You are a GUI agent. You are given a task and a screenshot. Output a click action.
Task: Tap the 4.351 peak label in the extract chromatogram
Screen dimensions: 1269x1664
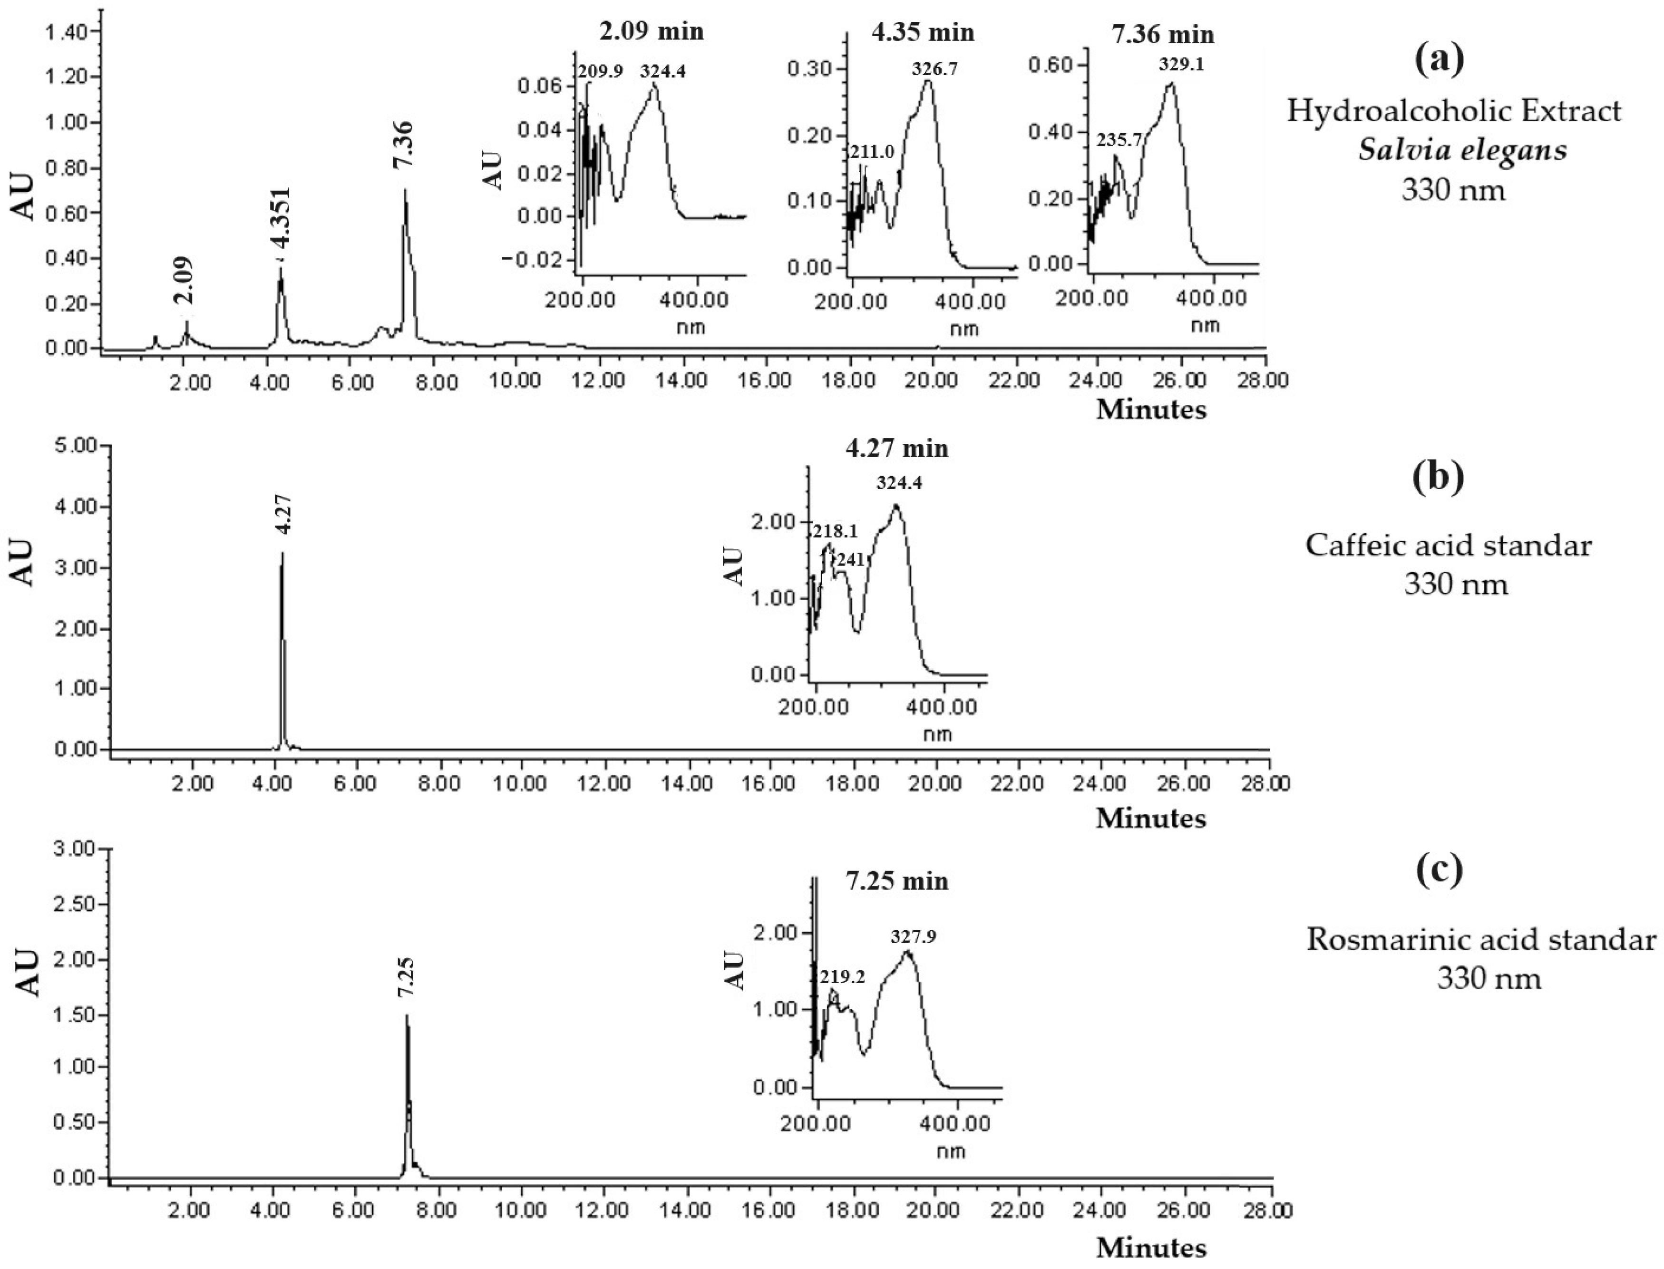(x=281, y=217)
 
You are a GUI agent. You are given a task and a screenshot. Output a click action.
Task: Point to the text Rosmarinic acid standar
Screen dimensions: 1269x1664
(x=1480, y=940)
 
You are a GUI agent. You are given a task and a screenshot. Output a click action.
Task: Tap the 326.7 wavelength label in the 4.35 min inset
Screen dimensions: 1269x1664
(x=934, y=69)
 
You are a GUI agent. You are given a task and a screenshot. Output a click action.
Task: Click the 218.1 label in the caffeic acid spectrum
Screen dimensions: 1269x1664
(x=834, y=531)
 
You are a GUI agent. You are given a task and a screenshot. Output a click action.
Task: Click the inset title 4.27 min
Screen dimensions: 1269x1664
(x=896, y=448)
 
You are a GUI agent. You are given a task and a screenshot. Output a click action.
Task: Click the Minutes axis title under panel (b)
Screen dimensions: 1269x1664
(x=1150, y=817)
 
